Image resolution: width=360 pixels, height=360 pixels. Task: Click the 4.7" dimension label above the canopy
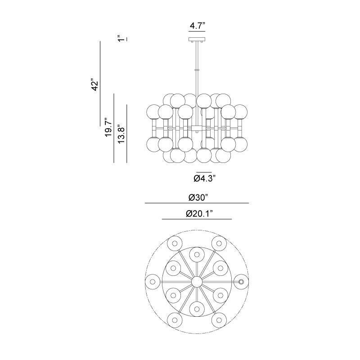tap(197, 26)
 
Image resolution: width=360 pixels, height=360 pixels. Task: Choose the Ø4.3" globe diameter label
tap(205, 179)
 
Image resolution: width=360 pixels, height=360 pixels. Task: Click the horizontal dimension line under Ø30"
tap(197, 203)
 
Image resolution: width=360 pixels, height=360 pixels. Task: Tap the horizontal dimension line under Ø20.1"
tap(197, 219)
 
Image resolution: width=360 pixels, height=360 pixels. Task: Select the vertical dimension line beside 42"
tap(100, 83)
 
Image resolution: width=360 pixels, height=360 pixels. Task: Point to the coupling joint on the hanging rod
tap(197, 70)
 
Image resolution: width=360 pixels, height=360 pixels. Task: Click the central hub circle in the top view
tap(197, 282)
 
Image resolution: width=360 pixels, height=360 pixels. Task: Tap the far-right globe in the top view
tap(242, 282)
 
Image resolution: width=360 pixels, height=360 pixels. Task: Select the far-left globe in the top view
tap(152, 282)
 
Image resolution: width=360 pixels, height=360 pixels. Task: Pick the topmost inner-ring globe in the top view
tap(197, 254)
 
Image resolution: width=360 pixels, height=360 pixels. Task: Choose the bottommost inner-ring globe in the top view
tap(197, 309)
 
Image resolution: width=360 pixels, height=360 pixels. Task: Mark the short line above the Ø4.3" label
tap(203, 172)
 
